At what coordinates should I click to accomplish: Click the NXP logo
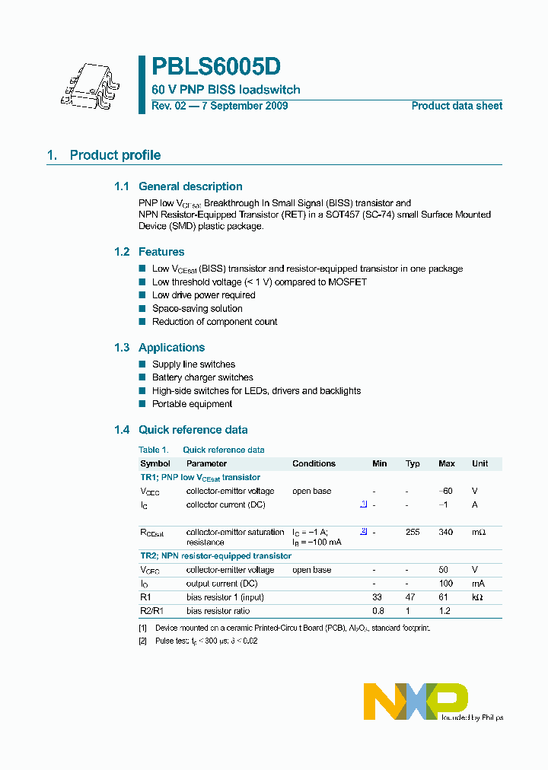point(416,701)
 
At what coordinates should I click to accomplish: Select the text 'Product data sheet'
point(457,107)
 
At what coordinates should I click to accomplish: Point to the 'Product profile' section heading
point(115,155)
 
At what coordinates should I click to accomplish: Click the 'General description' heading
point(190,186)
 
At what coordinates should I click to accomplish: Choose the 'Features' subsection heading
point(161,252)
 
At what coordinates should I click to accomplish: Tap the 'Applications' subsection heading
point(171,348)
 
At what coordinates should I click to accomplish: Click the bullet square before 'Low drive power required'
point(142,295)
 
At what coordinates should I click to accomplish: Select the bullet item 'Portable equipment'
point(192,404)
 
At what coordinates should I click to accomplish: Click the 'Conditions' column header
point(314,463)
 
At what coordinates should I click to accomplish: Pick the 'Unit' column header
point(479,463)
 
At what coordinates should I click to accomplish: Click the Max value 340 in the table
point(446,532)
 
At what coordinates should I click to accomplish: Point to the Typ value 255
point(413,532)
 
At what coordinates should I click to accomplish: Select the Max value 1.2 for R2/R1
point(446,611)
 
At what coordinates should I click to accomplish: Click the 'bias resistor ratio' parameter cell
point(218,611)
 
